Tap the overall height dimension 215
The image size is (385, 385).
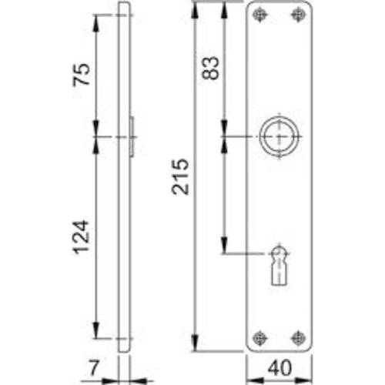pos(179,177)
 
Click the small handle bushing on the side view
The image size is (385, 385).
pos(132,137)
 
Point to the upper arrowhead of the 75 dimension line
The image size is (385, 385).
pos(96,20)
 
